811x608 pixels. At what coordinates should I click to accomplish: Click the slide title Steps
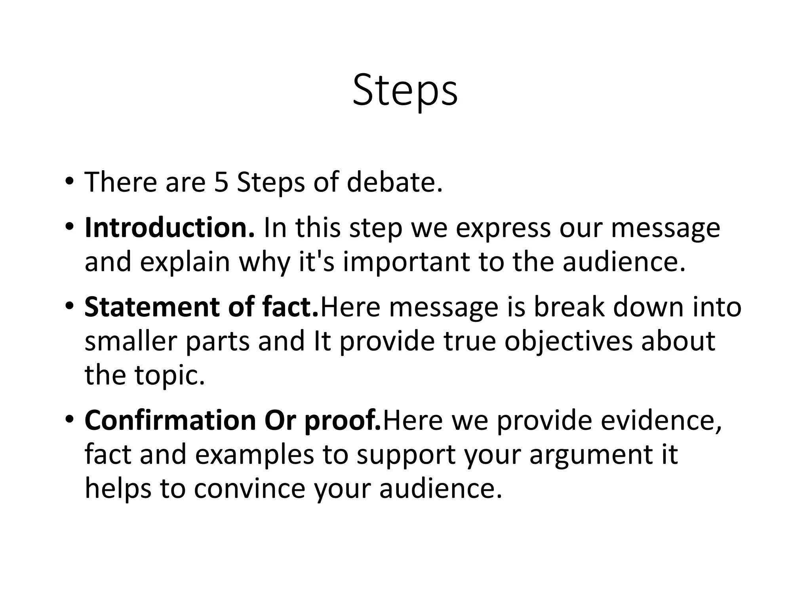pos(405,91)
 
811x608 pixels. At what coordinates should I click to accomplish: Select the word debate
pos(394,182)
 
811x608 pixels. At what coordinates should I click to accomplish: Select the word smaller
pos(130,341)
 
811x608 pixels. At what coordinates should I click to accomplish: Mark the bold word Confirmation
pos(170,420)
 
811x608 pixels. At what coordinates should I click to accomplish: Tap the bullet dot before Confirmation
pos(69,421)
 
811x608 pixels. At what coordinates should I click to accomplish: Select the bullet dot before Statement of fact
pos(69,308)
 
